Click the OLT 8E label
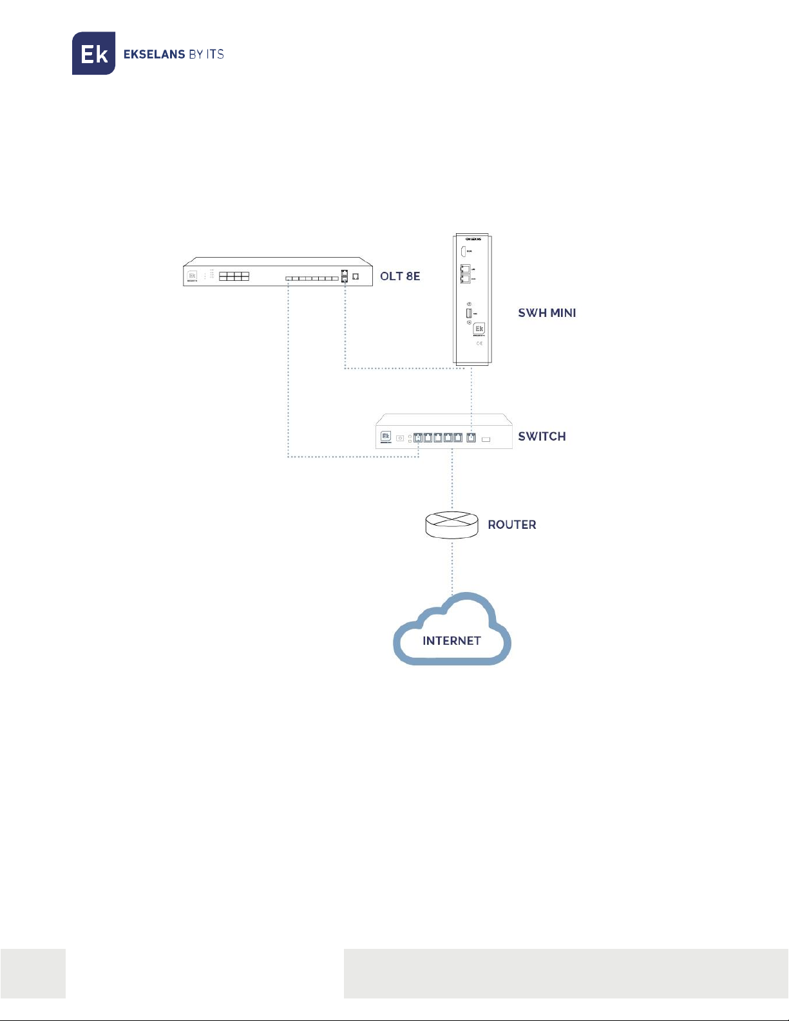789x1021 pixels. [x=400, y=276]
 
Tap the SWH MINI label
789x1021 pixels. [x=547, y=313]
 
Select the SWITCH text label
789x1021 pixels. [x=542, y=437]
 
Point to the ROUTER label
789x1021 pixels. [x=511, y=525]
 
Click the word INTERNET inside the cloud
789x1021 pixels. [x=452, y=641]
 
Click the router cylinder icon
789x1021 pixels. [x=452, y=524]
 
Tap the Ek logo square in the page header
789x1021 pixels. [x=93, y=53]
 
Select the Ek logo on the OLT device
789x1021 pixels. [x=192, y=276]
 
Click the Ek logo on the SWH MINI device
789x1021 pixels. [x=479, y=329]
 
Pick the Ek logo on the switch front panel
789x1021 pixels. [x=386, y=436]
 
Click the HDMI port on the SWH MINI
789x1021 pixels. [x=462, y=252]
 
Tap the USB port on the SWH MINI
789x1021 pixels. [x=468, y=313]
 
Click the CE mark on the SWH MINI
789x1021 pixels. [x=479, y=343]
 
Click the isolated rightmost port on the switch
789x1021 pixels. [x=471, y=438]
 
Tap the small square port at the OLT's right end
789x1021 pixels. [x=356, y=277]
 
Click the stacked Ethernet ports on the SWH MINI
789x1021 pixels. [x=464, y=274]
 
